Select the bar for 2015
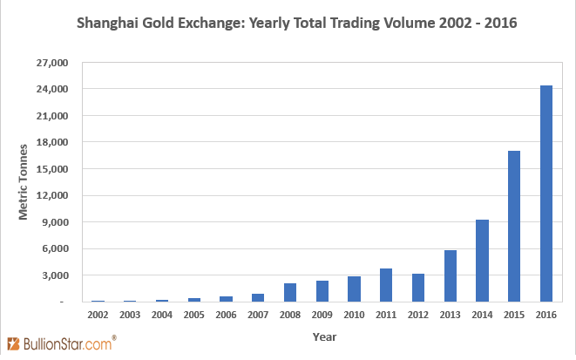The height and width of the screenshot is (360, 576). click(514, 227)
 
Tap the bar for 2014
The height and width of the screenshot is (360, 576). click(482, 261)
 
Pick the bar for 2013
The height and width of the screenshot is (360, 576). click(450, 275)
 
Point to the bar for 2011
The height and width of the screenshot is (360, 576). click(385, 285)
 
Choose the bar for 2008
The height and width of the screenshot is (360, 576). click(289, 292)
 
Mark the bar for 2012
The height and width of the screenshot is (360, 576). click(417, 288)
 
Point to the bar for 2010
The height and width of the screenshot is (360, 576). click(354, 289)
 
